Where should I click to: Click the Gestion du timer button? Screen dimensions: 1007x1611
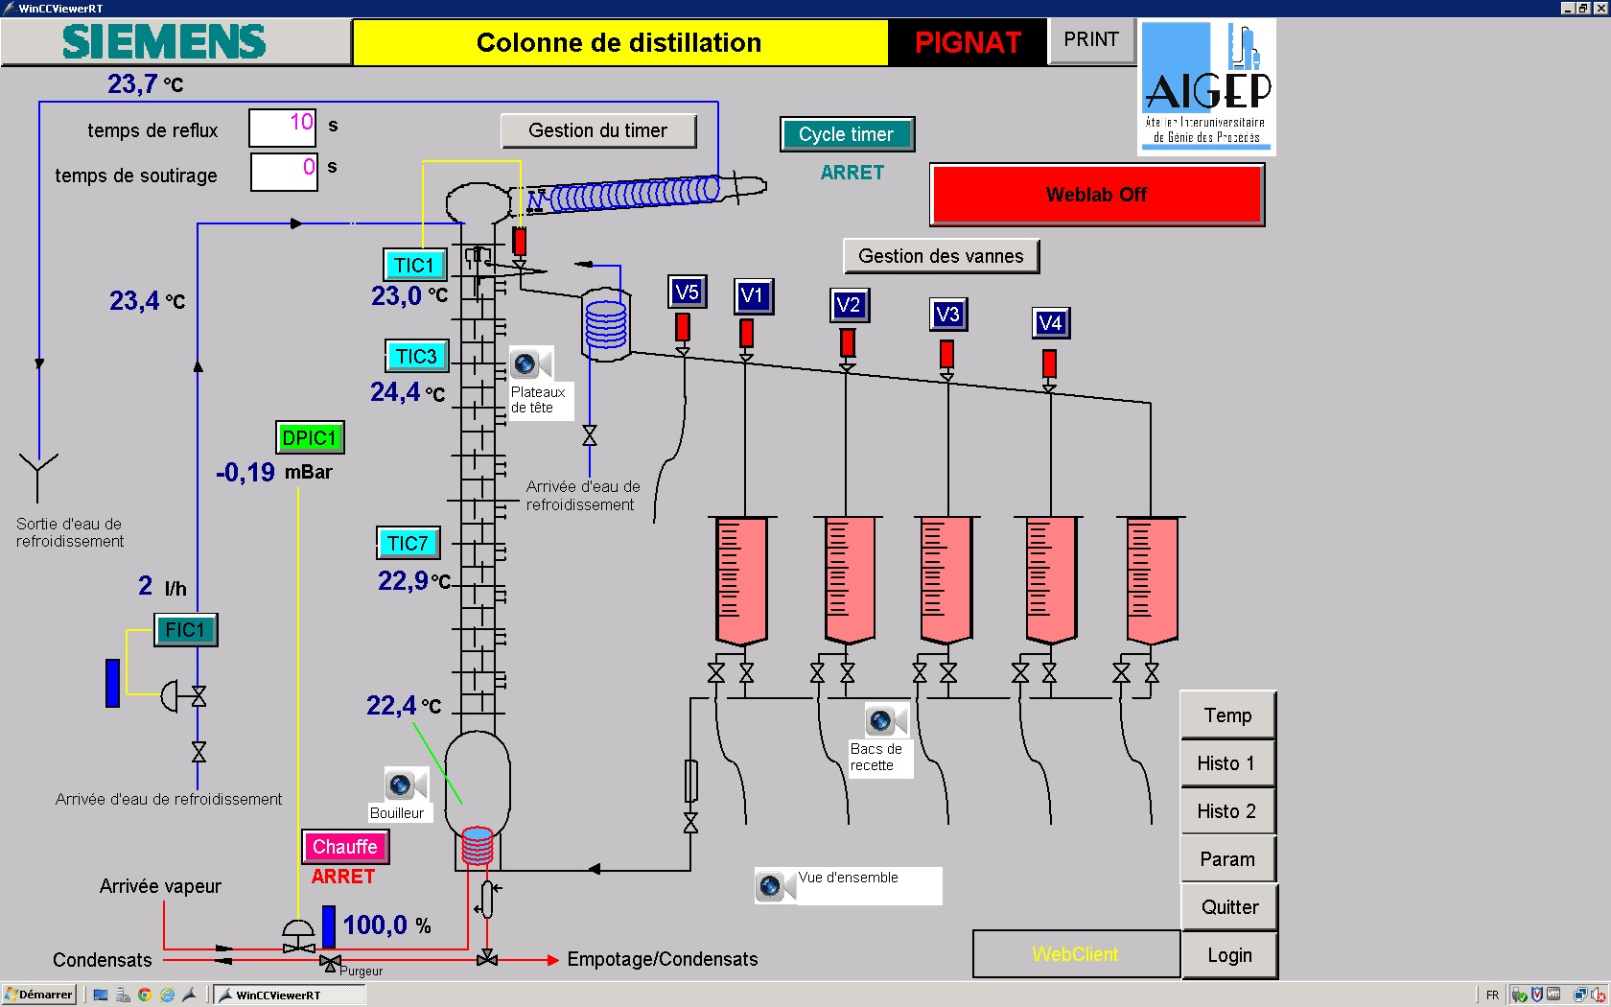pos(598,130)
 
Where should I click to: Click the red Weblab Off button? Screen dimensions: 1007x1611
pos(1096,195)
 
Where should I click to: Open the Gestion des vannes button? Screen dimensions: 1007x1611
pos(941,256)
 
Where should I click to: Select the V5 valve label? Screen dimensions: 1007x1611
pos(687,292)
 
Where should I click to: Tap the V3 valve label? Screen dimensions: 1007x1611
pos(947,314)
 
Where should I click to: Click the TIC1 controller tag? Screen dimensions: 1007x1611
pos(413,265)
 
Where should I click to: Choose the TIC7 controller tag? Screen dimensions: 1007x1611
pos(408,543)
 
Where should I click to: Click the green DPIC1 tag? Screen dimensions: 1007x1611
pos(309,437)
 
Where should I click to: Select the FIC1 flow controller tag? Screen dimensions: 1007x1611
pos(185,629)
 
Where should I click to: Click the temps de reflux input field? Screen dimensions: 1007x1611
pos(283,127)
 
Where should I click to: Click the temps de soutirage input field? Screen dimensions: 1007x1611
pos(284,171)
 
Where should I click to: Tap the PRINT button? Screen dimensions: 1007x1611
pos(1091,40)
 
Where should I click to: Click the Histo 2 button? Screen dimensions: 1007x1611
pos(1226,811)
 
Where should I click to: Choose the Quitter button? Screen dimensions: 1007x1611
pos(1229,907)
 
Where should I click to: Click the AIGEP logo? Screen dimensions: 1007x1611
pos(1207,88)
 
